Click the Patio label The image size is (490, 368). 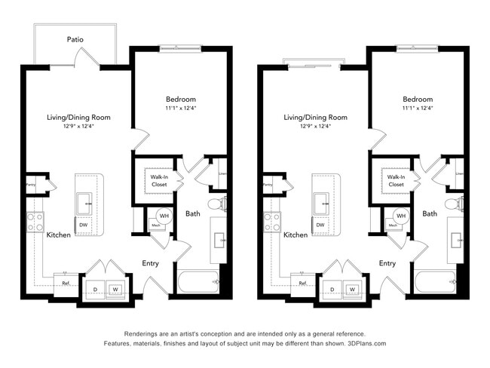pyautogui.click(x=75, y=39)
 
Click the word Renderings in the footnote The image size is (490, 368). pyautogui.click(x=142, y=333)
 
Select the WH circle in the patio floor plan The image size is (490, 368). pyautogui.click(x=164, y=216)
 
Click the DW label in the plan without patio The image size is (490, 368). pyautogui.click(x=320, y=225)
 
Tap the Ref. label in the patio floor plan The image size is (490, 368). pyautogui.click(x=66, y=283)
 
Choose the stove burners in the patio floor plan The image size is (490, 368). pyautogui.click(x=35, y=222)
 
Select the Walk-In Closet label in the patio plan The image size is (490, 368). pyautogui.click(x=158, y=180)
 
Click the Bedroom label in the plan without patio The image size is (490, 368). pyautogui.click(x=418, y=100)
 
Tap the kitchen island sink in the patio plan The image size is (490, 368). pyautogui.click(x=83, y=201)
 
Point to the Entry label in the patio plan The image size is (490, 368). pyautogui.click(x=150, y=263)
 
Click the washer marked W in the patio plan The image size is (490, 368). pyautogui.click(x=116, y=289)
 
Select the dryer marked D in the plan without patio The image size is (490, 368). pyautogui.click(x=332, y=289)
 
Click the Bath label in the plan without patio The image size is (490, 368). pyautogui.click(x=430, y=213)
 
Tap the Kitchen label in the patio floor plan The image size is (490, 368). pyautogui.click(x=59, y=235)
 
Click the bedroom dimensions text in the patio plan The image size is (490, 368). pyautogui.click(x=181, y=108)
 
